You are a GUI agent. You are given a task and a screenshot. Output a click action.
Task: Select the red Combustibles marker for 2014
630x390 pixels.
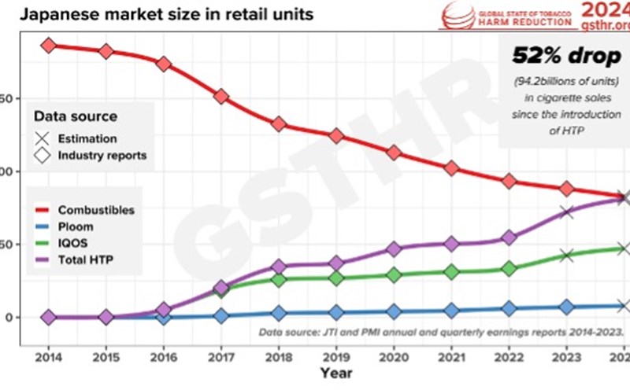coord(49,46)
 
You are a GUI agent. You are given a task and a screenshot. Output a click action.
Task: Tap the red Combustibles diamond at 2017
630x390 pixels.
coord(220,96)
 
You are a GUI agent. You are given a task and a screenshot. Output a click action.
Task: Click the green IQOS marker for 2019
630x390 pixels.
coord(335,278)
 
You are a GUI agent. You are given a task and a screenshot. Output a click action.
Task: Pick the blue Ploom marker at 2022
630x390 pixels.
coord(508,308)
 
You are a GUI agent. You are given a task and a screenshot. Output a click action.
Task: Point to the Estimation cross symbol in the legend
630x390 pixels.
coord(42,138)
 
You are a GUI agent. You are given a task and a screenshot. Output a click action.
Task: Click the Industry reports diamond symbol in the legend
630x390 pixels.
coord(42,155)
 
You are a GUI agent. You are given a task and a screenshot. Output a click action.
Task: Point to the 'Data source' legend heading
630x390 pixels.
coord(76,116)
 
